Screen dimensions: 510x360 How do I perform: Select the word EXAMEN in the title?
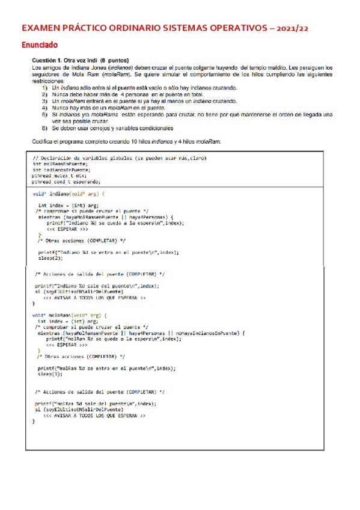tap(40, 28)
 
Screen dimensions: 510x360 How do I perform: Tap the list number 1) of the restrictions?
tap(44, 88)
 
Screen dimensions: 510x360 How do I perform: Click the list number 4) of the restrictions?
tap(44, 106)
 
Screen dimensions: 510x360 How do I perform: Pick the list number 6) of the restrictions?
tap(44, 128)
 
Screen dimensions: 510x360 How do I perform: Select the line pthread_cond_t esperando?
tap(67, 182)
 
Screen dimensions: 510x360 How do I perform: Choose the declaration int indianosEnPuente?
tap(62, 170)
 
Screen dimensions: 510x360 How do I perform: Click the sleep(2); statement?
tap(50, 259)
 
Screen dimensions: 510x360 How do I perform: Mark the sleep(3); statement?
tap(50, 374)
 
